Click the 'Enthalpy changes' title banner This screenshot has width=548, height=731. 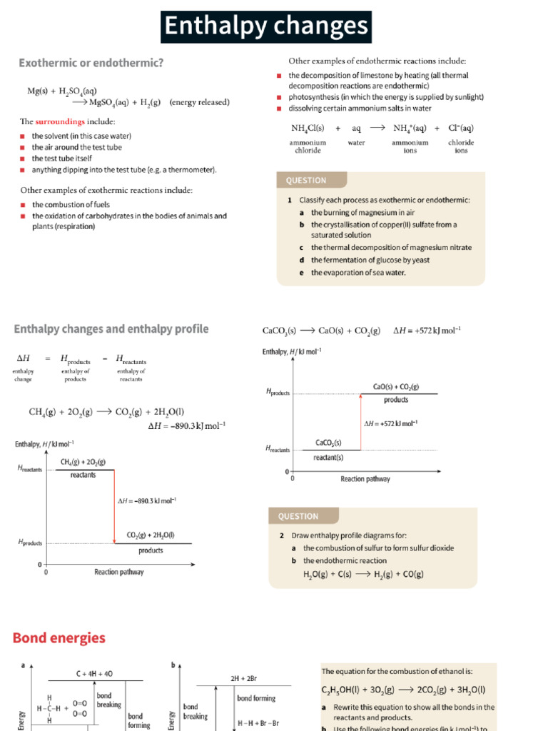pyautogui.click(x=266, y=26)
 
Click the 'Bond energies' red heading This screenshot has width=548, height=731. pyautogui.click(x=59, y=637)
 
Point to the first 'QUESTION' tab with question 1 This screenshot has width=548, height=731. pyautogui.click(x=307, y=181)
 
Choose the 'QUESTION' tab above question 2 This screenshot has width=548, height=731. pyautogui.click(x=299, y=516)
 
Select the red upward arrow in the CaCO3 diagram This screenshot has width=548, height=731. pyautogui.click(x=360, y=421)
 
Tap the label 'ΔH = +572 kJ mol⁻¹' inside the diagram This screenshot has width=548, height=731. pyautogui.click(x=390, y=423)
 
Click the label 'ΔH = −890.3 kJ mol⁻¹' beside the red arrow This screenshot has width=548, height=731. pyautogui.click(x=146, y=500)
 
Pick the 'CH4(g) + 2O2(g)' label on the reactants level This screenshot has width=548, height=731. pyautogui.click(x=83, y=463)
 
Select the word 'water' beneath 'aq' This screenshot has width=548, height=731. pyautogui.click(x=356, y=143)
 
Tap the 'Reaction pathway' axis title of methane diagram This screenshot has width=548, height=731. pyautogui.click(x=119, y=572)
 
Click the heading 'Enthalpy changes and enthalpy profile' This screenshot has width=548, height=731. pyautogui.click(x=111, y=328)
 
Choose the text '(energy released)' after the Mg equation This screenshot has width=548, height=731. pyautogui.click(x=200, y=102)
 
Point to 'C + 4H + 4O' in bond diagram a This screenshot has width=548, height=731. pyautogui.click(x=93, y=673)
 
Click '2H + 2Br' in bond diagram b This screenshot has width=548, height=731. pyautogui.click(x=243, y=677)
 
